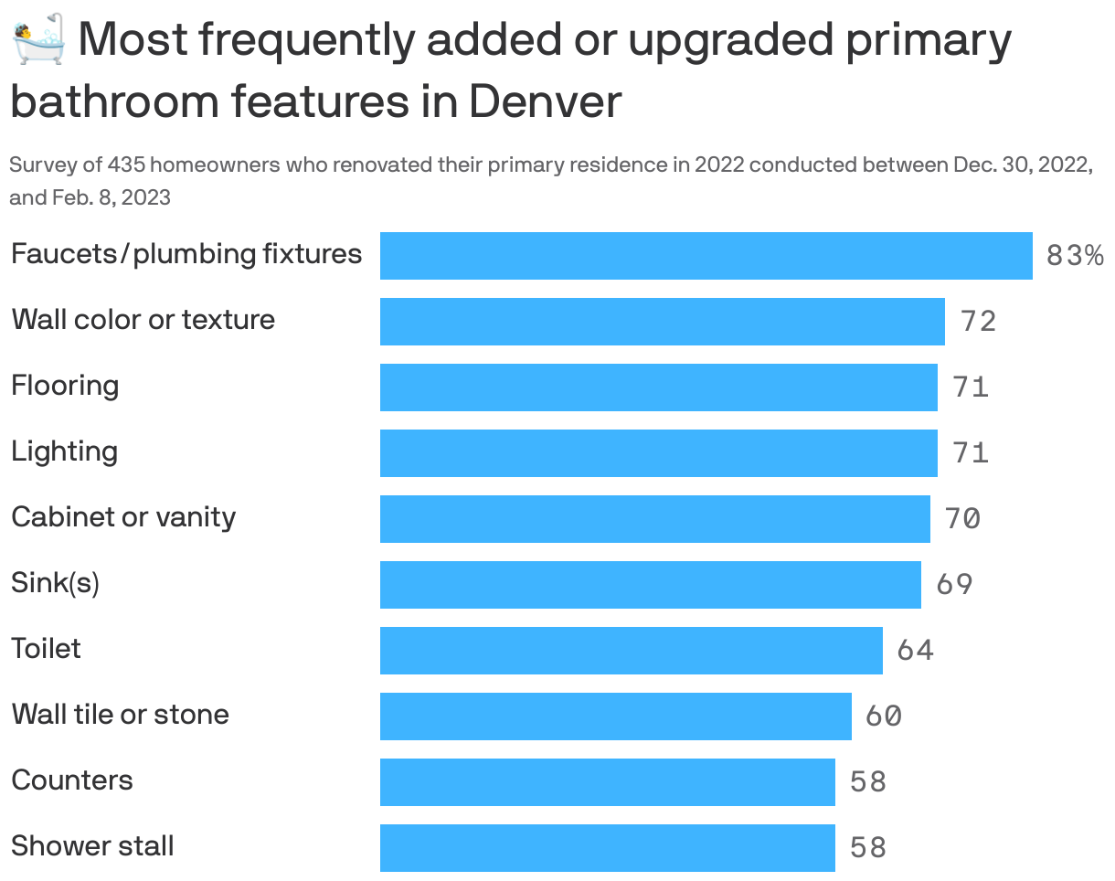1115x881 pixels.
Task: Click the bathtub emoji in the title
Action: coord(38,39)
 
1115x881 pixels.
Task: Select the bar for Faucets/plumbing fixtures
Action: coord(706,256)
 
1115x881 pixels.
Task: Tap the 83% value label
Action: coord(1074,256)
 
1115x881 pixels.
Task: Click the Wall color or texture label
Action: coord(143,320)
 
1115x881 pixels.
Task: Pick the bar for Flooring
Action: coord(658,387)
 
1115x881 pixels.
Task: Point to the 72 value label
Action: coord(978,322)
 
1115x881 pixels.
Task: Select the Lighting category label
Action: coord(65,451)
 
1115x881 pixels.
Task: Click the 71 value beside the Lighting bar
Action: coord(971,453)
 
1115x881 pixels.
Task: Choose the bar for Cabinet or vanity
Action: coord(654,519)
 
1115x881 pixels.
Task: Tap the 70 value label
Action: coord(962,519)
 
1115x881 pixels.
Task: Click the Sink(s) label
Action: coord(55,583)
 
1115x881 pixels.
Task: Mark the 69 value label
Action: coord(954,585)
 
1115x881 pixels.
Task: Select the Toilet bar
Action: coord(631,651)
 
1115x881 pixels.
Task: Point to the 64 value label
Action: coord(915,651)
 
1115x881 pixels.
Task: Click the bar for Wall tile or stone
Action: coord(615,716)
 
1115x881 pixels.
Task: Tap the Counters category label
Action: coord(72,780)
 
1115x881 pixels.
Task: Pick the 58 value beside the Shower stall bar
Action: coord(867,848)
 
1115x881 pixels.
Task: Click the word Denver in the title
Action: coord(546,101)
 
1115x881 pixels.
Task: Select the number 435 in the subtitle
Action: coord(125,165)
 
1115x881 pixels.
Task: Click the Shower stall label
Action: coord(92,846)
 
